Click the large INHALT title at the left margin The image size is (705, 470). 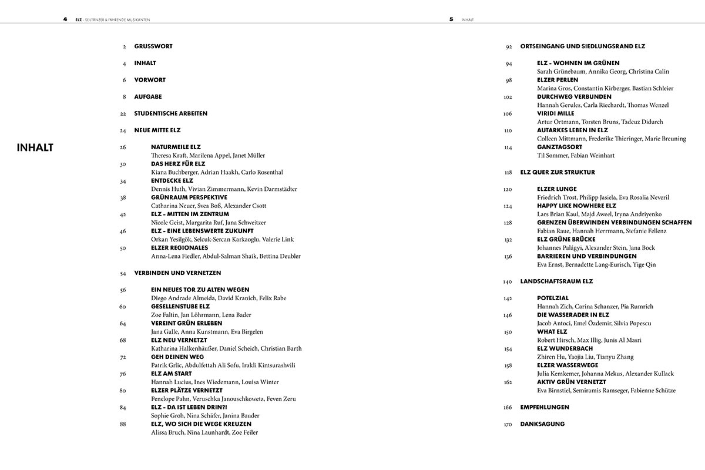click(35, 147)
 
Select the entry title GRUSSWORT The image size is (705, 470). click(153, 46)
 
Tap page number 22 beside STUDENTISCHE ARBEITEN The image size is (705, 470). click(123, 113)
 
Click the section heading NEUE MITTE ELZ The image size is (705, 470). click(158, 130)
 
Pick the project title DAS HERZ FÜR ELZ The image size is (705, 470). click(178, 164)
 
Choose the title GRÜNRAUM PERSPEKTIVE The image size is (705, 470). click(189, 197)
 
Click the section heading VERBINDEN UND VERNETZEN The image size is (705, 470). click(177, 273)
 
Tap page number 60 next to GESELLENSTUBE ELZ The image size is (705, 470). click(123, 307)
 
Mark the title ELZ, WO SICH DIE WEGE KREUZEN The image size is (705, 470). click(201, 424)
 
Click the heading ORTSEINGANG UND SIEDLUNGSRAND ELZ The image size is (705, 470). click(583, 46)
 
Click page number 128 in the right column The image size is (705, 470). click(508, 223)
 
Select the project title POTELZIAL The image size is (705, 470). click(553, 298)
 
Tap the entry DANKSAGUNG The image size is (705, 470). click(542, 424)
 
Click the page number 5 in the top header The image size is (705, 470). click(451, 19)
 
